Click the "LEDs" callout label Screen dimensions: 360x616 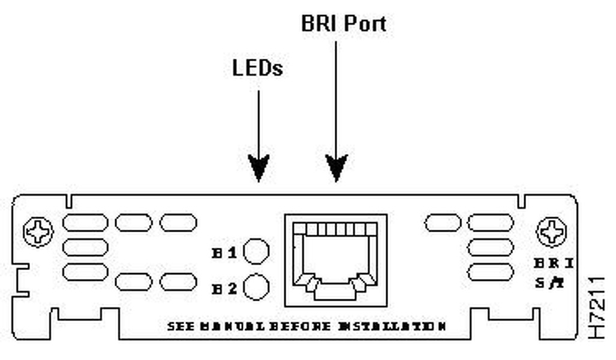(257, 68)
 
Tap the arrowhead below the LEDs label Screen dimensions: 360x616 (259, 167)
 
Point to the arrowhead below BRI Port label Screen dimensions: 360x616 (336, 167)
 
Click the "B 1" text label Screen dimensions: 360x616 (225, 253)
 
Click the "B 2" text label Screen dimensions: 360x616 (225, 289)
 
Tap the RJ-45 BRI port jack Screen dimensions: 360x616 (335, 258)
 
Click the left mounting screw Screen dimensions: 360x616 (38, 232)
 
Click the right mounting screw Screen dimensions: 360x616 (552, 232)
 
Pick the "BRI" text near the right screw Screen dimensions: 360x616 (553, 263)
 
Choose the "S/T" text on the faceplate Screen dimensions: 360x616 (549, 281)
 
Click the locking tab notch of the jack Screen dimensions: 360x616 (335, 292)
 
